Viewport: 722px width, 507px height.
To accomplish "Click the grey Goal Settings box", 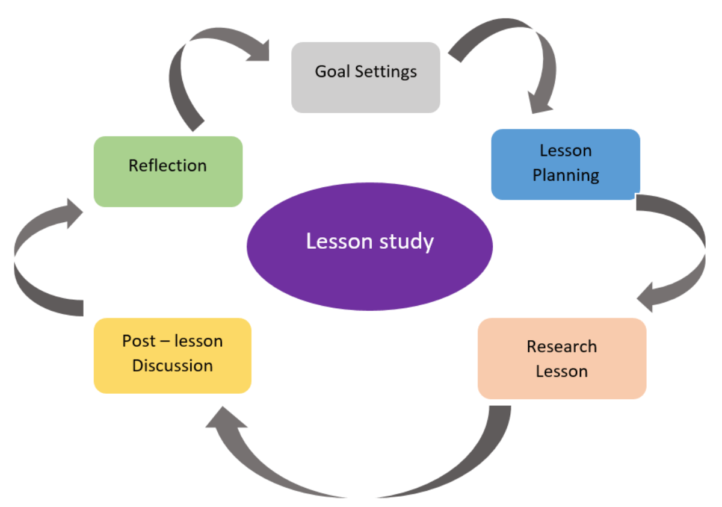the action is [x=366, y=78].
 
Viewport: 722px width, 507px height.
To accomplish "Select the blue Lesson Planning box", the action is [x=566, y=164].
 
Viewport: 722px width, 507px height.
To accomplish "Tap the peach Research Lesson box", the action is [x=562, y=359].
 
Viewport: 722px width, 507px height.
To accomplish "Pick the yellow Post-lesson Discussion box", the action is [x=173, y=356].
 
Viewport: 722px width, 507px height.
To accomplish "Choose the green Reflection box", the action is [x=168, y=172].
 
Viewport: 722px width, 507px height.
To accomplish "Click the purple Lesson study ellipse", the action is [x=369, y=247].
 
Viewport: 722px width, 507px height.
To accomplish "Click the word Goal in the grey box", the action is [x=332, y=71].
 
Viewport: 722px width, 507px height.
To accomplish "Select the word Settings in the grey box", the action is [x=386, y=72].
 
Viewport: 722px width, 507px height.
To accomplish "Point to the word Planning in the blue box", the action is [x=566, y=176].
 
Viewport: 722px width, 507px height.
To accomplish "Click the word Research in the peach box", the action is [x=562, y=347].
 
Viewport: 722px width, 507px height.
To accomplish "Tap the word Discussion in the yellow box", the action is [x=173, y=365].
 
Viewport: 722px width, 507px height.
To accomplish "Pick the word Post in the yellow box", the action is [x=139, y=341].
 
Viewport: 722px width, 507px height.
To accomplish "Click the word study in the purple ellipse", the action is [x=407, y=242].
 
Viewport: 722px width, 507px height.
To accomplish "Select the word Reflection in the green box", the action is [x=168, y=166].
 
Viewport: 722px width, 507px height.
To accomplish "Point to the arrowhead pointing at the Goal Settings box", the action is [x=260, y=52].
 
